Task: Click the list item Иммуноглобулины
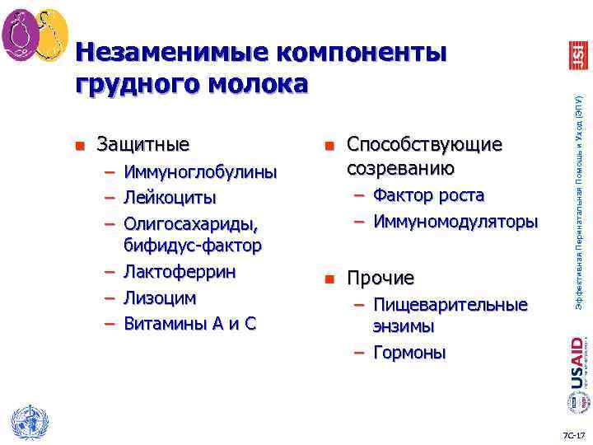(x=200, y=172)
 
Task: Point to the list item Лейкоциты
(x=170, y=198)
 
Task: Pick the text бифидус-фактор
(x=193, y=246)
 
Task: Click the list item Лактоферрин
(x=180, y=272)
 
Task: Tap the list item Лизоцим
(x=161, y=297)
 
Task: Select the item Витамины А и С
(x=189, y=323)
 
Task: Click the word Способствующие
(x=424, y=144)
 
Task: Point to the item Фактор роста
(x=428, y=195)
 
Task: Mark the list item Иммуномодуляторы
(x=455, y=222)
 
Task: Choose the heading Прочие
(x=380, y=278)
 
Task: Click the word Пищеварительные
(x=451, y=304)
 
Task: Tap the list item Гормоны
(x=409, y=353)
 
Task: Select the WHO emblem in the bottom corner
(x=26, y=423)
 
